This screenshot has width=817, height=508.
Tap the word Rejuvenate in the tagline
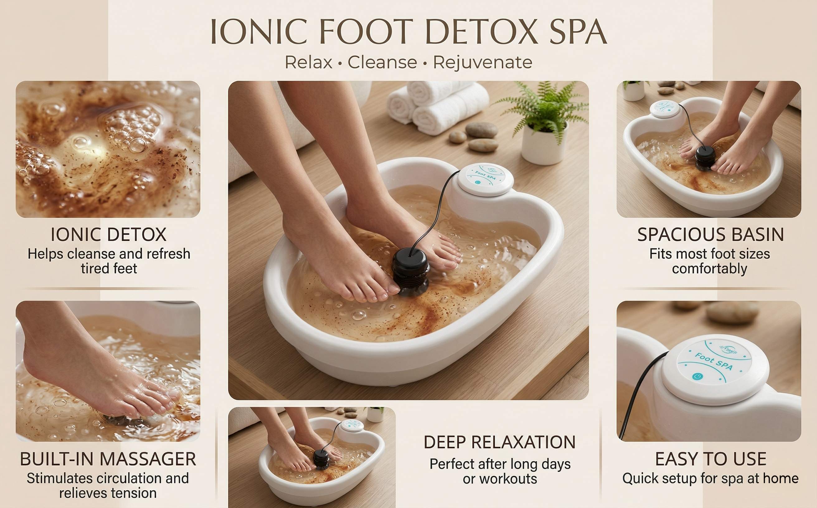point(483,62)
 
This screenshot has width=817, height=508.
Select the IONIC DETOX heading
point(109,234)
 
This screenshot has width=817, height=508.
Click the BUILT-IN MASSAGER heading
point(108,459)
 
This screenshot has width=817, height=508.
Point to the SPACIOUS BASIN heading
point(711,234)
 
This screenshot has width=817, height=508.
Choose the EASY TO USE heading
point(711,459)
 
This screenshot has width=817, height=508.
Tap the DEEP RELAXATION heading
point(499,442)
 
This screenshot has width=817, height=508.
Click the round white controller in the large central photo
point(484,180)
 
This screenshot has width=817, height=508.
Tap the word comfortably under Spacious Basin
point(710,268)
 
